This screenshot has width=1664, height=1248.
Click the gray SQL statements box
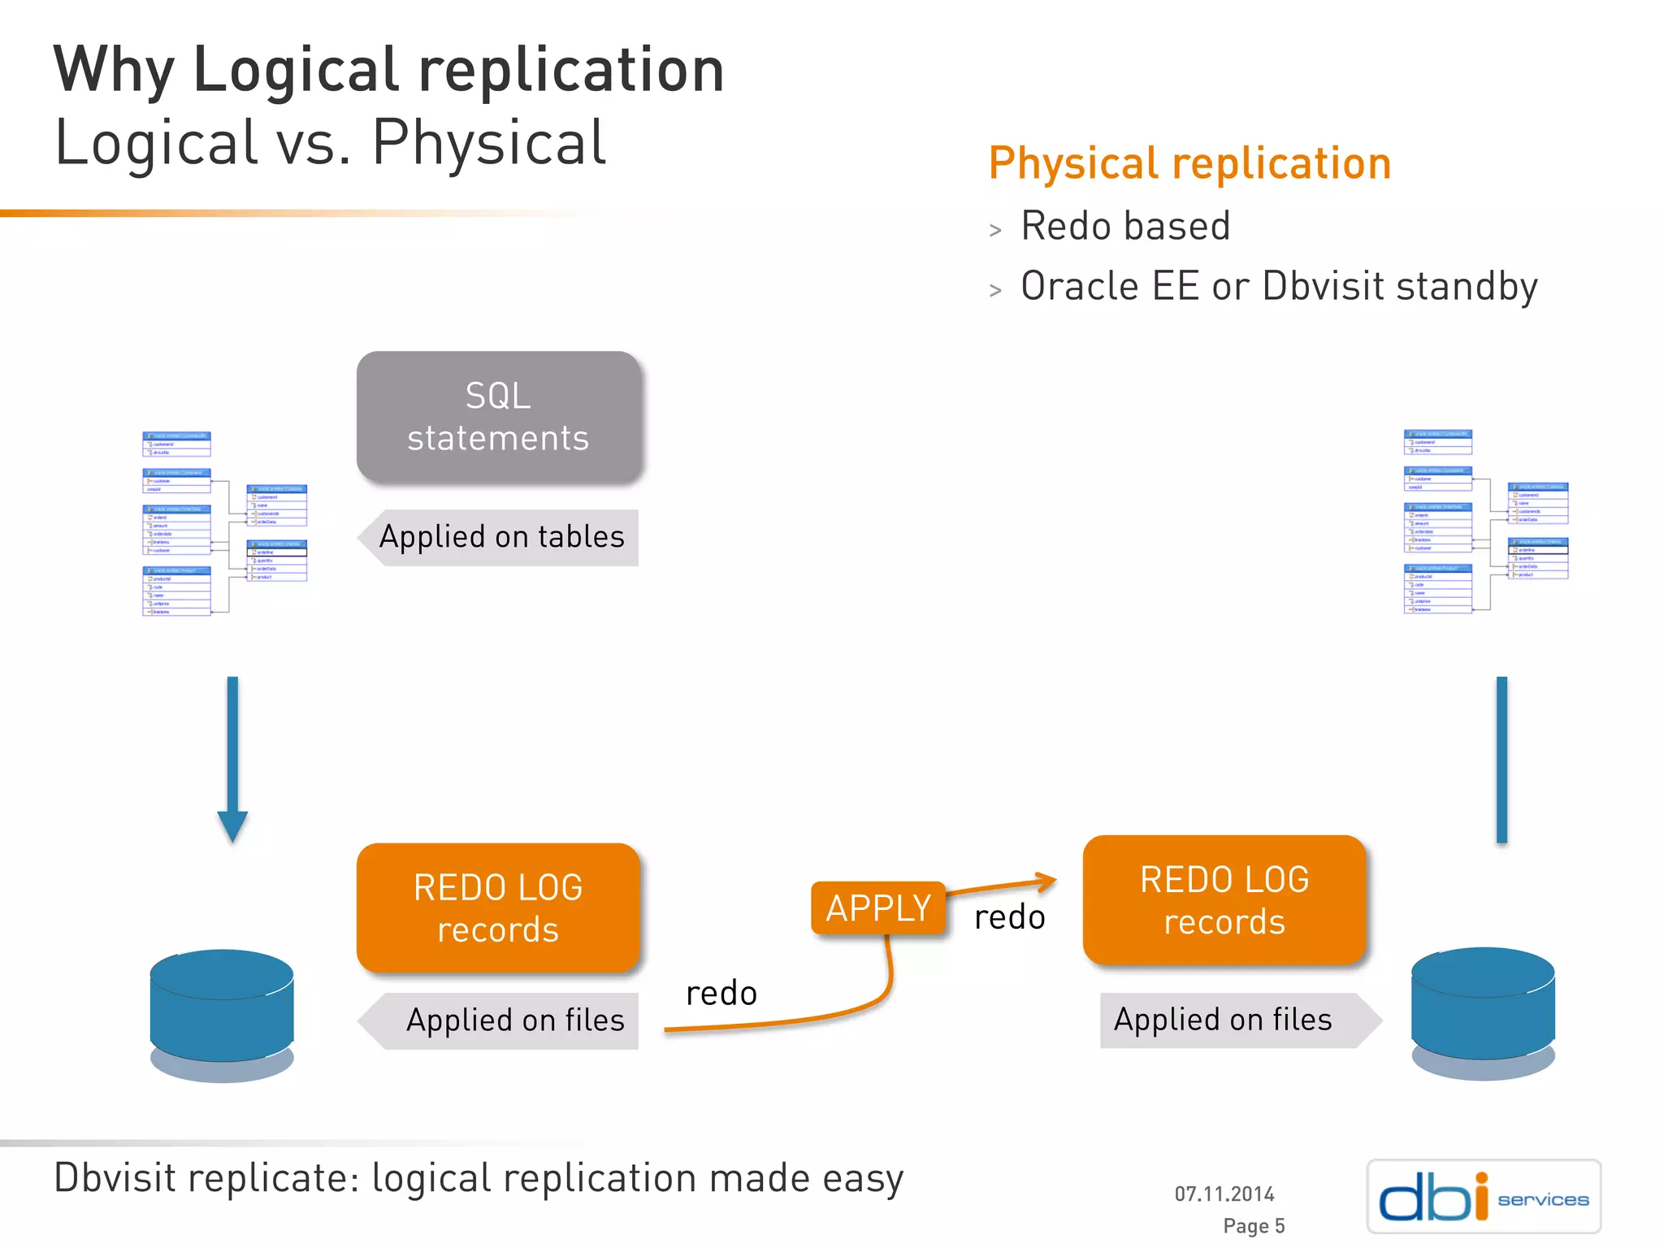498,417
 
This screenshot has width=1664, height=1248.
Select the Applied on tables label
501,537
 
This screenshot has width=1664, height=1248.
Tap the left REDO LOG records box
498,908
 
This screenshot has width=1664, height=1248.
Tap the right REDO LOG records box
1224,900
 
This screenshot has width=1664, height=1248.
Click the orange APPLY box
878,908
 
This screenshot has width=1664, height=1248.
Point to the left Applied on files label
513,1020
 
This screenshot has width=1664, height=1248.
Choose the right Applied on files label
1223,1020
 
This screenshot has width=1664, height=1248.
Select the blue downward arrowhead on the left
232,825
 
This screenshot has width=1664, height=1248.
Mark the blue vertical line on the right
1501,760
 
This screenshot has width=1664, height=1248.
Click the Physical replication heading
1189,163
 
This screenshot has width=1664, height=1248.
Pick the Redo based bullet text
1125,226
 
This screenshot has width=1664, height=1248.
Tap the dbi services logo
1484,1196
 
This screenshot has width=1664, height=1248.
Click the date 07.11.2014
1224,1194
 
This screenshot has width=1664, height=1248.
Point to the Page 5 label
1254,1225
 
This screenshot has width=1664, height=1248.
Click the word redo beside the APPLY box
1009,917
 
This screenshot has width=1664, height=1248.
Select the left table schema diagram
224,523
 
